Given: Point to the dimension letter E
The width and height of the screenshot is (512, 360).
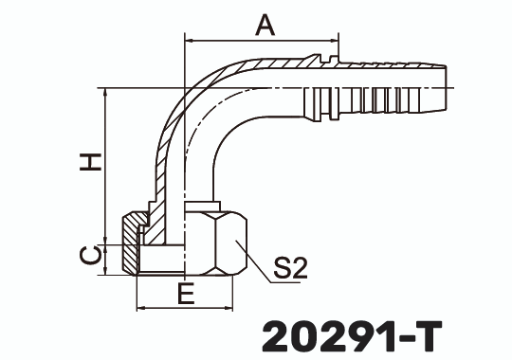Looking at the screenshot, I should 187,295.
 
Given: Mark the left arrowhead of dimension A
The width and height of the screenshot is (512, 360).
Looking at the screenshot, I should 188,41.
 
